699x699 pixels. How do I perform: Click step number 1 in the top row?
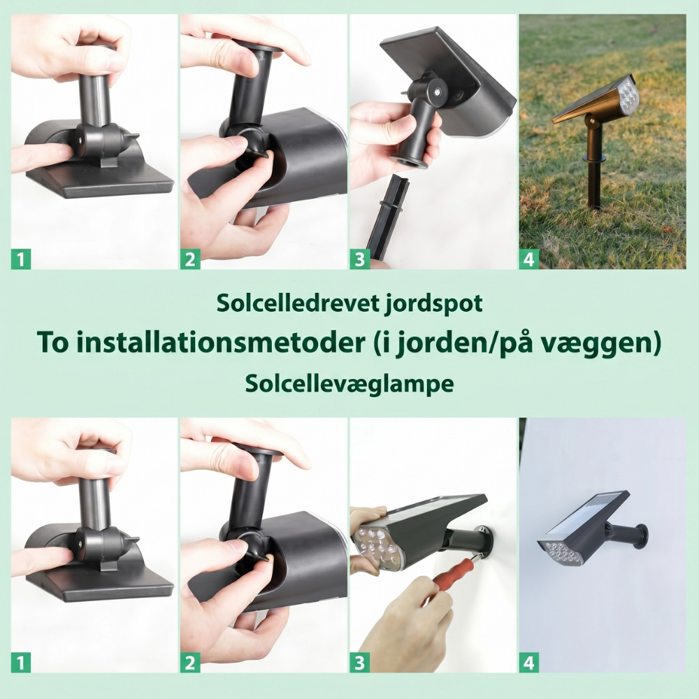point(21,259)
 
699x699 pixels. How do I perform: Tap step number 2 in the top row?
point(190,259)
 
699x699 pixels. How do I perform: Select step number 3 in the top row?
point(360,259)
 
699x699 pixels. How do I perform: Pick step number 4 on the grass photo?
point(529,259)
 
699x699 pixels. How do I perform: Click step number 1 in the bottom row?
point(21,663)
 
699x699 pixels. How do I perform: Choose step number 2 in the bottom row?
point(190,663)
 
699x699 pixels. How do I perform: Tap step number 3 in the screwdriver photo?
point(360,663)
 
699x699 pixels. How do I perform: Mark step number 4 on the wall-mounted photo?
point(529,663)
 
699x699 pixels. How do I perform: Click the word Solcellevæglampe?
point(349,384)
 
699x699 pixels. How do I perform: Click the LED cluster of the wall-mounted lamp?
point(559,551)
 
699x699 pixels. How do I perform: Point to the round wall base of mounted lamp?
point(642,536)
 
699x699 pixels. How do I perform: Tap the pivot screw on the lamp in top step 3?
point(438,92)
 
